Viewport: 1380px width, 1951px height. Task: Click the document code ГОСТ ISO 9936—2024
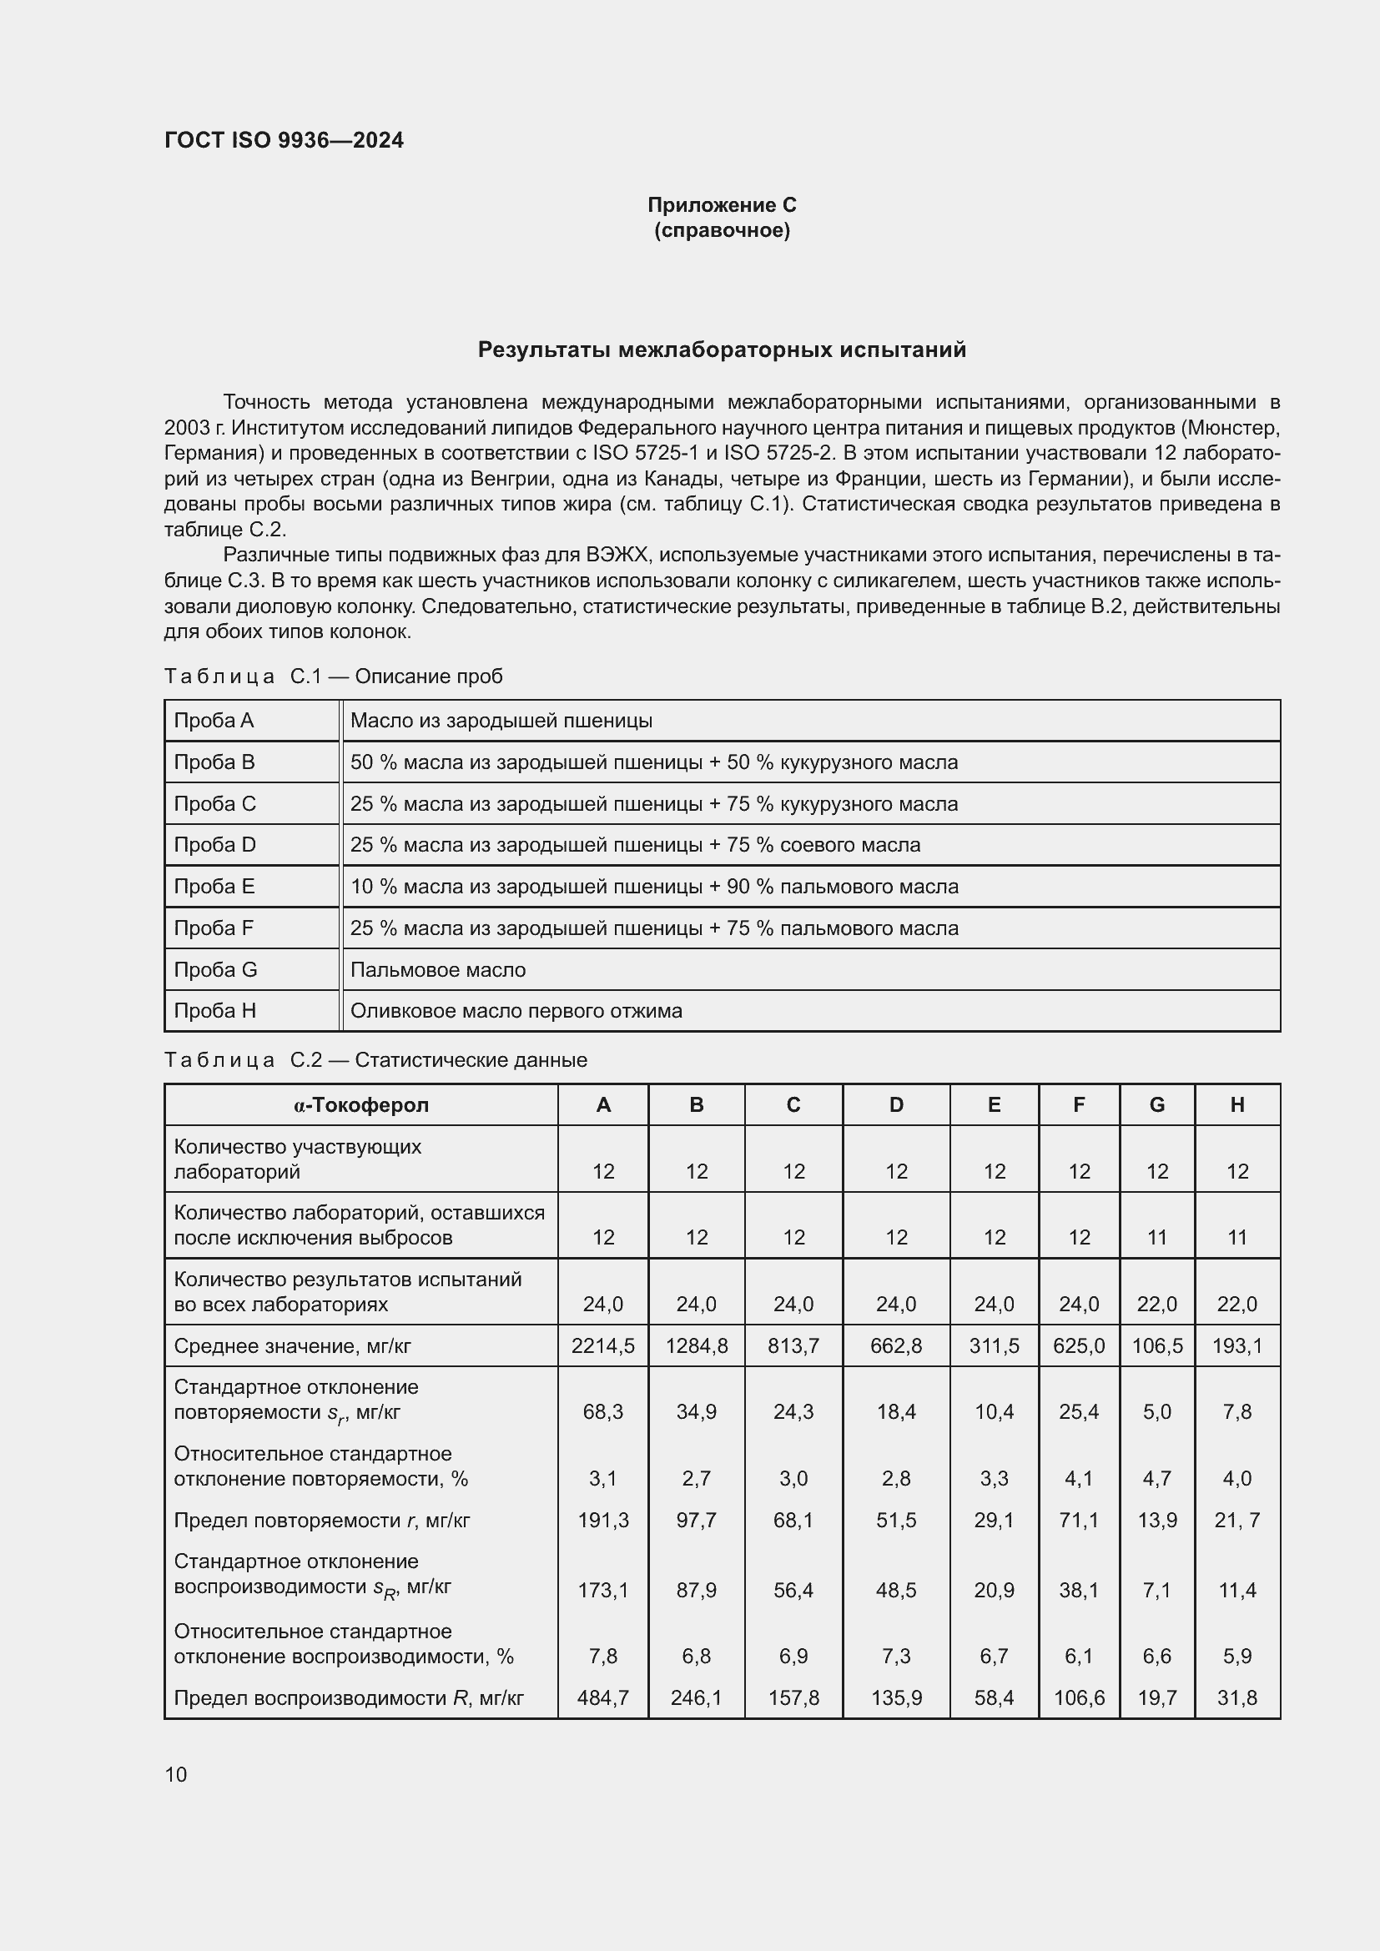284,140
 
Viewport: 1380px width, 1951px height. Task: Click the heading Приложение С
722,205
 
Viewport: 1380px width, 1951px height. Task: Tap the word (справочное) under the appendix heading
722,230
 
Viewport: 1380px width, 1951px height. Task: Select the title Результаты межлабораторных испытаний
722,350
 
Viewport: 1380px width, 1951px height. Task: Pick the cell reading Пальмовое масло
438,969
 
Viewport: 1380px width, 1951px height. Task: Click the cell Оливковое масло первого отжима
516,1011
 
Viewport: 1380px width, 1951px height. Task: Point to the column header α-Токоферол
361,1104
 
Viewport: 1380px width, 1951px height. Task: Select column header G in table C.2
1156,1104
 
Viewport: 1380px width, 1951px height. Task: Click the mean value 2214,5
602,1346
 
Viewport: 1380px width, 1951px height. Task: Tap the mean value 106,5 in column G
1156,1346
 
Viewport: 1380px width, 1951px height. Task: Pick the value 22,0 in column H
1236,1305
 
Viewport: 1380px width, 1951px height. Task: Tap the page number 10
176,1774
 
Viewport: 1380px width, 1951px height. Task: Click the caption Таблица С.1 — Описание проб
333,676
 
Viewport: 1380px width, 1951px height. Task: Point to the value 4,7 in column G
1156,1479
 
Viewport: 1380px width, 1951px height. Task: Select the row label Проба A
214,721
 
